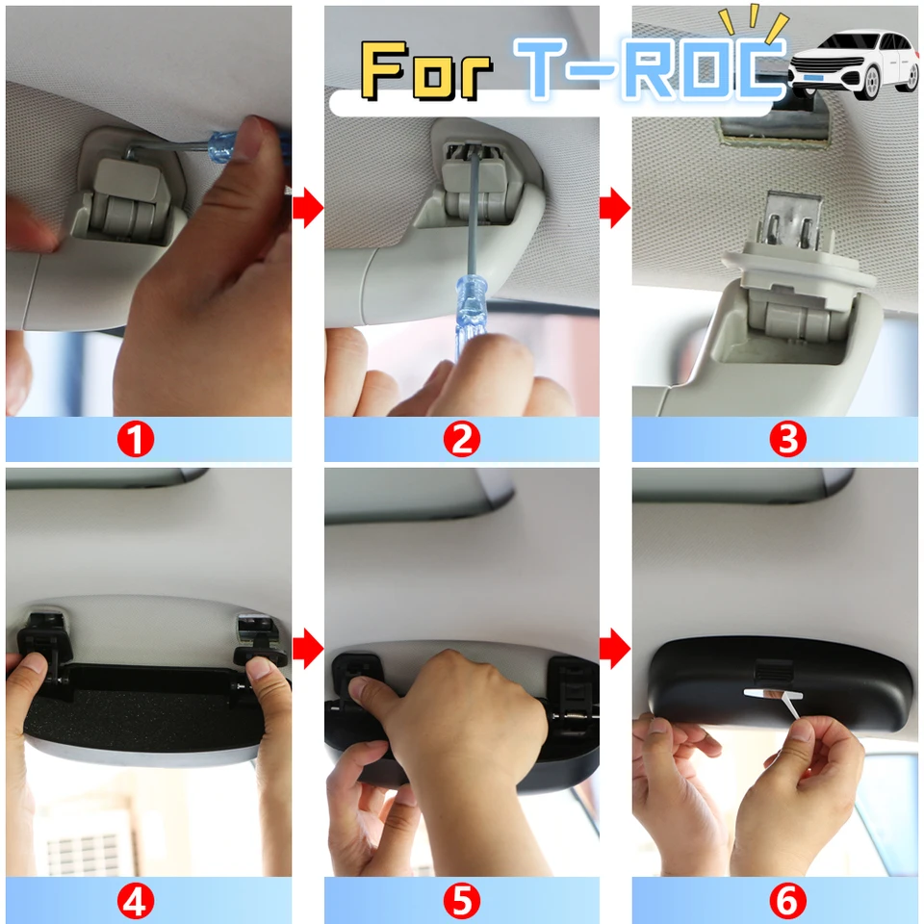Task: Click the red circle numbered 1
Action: (136, 440)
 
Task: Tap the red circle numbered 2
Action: (461, 440)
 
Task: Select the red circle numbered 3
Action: (787, 440)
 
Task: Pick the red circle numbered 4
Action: (136, 901)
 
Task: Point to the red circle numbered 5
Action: (461, 901)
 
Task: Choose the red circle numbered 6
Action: (787, 901)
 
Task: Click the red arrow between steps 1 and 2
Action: (307, 209)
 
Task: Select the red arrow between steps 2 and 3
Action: (615, 209)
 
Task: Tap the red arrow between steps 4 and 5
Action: (307, 650)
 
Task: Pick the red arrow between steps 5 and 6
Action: (615, 650)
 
